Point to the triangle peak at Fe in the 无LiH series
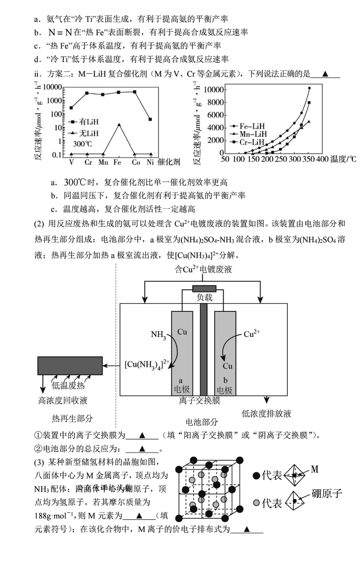[x=119, y=124]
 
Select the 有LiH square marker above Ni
[x=150, y=119]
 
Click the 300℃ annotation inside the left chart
[x=82, y=144]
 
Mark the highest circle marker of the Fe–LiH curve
[x=309, y=88]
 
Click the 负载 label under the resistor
[x=204, y=297]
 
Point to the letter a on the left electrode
[x=181, y=380]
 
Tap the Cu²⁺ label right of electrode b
[x=252, y=334]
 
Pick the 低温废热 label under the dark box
[x=68, y=385]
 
